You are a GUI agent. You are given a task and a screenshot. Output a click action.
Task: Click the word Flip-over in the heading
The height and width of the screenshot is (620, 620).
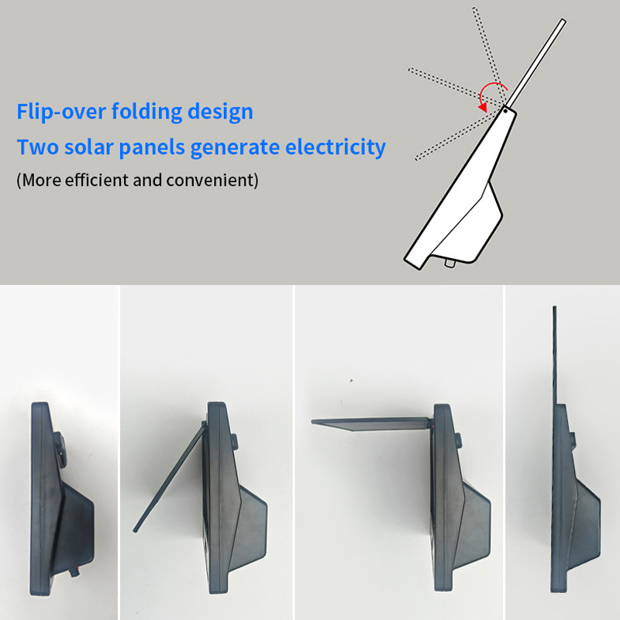[61, 112]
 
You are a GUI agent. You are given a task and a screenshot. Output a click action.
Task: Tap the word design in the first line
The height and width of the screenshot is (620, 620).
[220, 112]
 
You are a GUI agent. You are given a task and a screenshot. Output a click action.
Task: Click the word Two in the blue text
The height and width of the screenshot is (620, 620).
[37, 147]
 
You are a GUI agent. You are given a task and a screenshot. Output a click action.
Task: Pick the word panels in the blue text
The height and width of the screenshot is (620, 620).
[152, 148]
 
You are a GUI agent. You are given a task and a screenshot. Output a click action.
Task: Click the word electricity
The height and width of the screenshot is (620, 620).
[336, 148]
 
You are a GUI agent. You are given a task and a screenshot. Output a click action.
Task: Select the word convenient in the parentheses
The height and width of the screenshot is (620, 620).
[210, 181]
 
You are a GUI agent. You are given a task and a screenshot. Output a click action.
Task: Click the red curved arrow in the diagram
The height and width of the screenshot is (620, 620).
[491, 93]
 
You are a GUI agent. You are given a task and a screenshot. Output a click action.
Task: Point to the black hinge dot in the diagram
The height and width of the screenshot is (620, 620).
[505, 111]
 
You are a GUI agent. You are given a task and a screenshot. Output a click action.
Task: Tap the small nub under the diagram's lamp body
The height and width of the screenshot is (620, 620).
[449, 263]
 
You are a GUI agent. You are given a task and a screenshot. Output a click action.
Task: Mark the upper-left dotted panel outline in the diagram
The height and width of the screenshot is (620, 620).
[456, 88]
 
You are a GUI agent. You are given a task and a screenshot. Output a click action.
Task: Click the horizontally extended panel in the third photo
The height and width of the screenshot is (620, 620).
[371, 424]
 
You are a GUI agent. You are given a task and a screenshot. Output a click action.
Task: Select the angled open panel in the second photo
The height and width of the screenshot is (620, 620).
[170, 477]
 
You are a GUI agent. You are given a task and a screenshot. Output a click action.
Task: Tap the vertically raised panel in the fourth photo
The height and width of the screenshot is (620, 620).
[555, 356]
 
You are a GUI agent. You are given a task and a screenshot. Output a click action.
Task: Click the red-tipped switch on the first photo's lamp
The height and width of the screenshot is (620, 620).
[74, 572]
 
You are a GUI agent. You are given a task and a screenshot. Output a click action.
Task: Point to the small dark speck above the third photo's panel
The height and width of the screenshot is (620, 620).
[351, 381]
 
